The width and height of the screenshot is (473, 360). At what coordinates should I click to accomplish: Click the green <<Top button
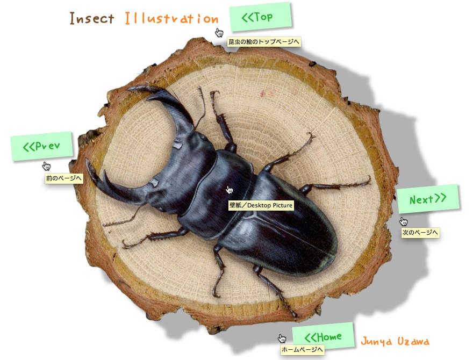(x=260, y=17)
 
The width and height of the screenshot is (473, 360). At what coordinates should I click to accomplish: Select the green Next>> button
(x=428, y=199)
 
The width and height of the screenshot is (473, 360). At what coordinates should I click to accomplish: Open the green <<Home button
(x=324, y=336)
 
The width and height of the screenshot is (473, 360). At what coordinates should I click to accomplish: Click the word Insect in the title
(x=92, y=19)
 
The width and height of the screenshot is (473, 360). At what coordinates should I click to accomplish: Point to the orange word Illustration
(x=171, y=19)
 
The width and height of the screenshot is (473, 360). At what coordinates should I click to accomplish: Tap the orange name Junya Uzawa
(x=395, y=341)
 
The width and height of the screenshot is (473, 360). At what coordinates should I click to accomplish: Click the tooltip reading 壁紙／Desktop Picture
(x=261, y=205)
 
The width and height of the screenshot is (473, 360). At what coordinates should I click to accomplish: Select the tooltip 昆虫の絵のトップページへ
(x=264, y=41)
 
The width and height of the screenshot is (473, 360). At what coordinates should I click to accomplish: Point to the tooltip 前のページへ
(x=64, y=178)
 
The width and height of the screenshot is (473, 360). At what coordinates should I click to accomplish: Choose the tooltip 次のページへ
(x=421, y=233)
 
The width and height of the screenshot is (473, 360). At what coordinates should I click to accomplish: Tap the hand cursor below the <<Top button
(x=219, y=32)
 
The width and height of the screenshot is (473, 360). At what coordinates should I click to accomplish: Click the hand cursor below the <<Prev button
(x=46, y=165)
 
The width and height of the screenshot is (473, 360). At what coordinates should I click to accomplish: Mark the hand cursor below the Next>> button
(x=403, y=221)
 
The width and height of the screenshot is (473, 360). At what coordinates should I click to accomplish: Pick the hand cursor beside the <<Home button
(x=282, y=338)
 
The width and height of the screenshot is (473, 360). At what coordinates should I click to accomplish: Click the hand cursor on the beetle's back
(x=230, y=189)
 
